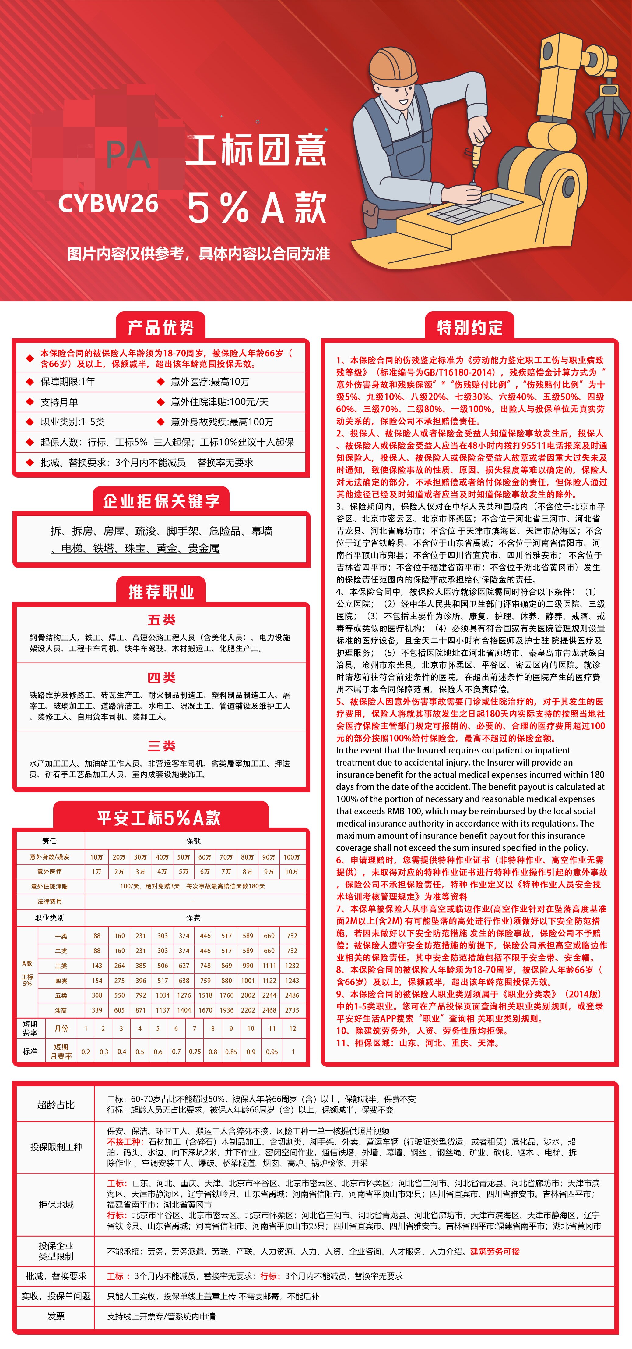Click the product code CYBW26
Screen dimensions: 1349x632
pos(108,203)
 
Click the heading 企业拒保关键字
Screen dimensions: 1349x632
pos(161,501)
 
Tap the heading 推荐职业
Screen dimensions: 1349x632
pos(161,592)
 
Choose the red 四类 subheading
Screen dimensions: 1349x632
pos(161,678)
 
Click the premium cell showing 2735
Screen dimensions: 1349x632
pos(292,1010)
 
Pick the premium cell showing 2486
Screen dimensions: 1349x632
pos(292,995)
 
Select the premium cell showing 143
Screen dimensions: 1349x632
pos(97,965)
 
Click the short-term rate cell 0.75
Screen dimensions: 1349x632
pos(195,1052)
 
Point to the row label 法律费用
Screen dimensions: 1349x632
pos(50,901)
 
